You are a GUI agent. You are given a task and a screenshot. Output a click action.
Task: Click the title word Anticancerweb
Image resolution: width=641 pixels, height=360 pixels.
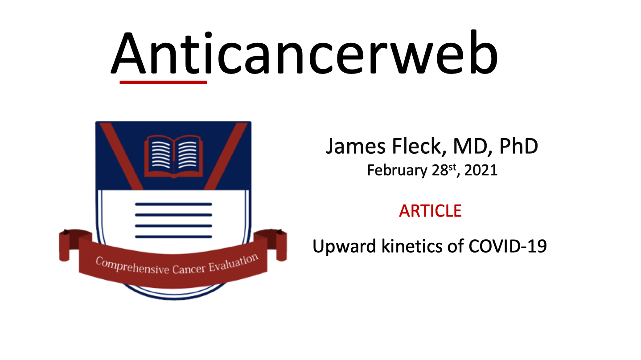(304, 52)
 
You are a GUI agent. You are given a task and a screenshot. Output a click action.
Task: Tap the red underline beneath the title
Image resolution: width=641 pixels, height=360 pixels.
(163, 82)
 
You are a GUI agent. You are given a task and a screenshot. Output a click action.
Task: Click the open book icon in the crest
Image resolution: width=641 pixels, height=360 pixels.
(173, 156)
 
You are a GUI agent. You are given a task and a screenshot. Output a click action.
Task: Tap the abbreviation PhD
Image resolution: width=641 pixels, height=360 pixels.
(518, 146)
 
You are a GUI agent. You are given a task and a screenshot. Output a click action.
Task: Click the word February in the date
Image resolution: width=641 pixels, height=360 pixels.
(397, 171)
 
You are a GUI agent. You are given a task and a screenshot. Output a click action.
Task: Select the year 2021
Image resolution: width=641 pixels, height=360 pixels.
(481, 170)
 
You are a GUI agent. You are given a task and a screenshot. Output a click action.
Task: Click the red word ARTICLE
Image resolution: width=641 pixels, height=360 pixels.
(431, 211)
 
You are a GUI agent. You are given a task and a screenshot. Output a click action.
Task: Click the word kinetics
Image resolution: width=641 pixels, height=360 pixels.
(412, 246)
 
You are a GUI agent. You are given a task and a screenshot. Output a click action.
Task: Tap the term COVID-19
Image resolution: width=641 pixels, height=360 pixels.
(508, 246)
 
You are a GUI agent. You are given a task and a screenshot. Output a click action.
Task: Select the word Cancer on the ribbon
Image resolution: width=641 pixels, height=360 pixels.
(189, 269)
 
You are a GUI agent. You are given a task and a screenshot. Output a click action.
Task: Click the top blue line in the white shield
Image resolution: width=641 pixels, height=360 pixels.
(173, 205)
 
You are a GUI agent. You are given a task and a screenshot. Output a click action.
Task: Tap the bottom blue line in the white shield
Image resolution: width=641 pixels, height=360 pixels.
(173, 237)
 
